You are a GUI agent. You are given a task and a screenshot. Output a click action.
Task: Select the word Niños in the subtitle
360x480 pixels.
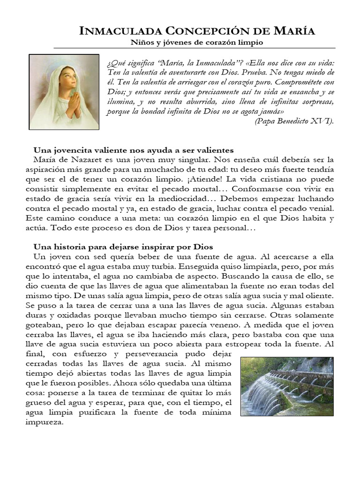pos(140,43)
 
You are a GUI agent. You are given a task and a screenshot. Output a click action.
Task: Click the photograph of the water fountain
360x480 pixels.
pos(287,386)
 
